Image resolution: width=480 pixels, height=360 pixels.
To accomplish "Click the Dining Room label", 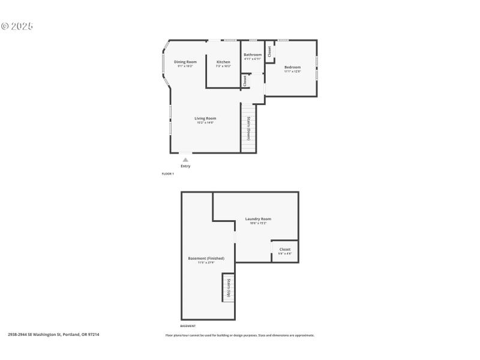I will [x=185, y=62].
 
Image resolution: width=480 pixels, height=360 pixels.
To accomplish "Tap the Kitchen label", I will [x=223, y=62].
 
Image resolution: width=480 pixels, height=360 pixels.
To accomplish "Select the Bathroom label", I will [x=253, y=55].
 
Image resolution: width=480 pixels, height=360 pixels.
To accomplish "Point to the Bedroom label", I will [x=292, y=67].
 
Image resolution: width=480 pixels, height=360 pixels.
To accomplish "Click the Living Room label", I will [x=205, y=118].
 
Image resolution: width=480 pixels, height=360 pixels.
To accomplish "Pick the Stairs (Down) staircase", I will [x=248, y=128].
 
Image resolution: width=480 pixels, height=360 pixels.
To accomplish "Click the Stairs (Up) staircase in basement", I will [x=228, y=288].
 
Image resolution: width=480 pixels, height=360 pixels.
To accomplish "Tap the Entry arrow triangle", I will [x=186, y=160].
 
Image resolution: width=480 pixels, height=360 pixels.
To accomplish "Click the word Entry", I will [x=186, y=166].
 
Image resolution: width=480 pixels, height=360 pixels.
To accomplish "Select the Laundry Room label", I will [x=258, y=219].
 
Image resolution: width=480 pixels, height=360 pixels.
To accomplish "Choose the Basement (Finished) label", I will [x=206, y=258].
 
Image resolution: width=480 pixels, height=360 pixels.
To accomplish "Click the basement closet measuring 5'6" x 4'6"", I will [x=284, y=251].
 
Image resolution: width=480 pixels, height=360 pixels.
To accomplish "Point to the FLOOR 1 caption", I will [x=168, y=174].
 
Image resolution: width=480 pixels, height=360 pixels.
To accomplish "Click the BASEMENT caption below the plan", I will [x=188, y=326].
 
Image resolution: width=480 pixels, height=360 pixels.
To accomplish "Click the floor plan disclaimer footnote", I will [x=240, y=335].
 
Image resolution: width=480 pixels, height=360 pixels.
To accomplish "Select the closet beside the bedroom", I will [x=270, y=52].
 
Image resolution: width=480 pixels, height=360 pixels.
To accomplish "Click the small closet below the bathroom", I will [x=245, y=80].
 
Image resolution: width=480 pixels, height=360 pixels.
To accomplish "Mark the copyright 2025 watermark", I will [x=17, y=26].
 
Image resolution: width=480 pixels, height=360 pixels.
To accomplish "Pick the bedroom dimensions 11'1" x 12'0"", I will [x=292, y=71].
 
